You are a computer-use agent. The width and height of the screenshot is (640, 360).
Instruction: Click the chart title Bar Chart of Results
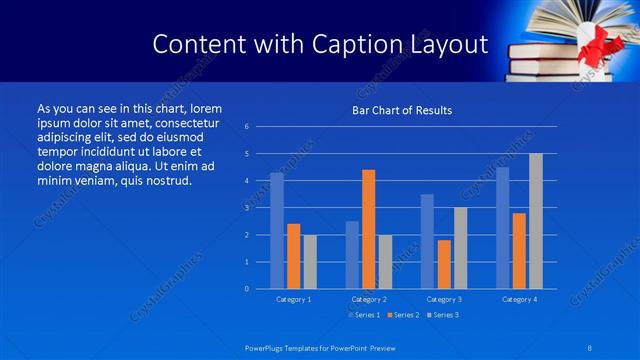click(402, 110)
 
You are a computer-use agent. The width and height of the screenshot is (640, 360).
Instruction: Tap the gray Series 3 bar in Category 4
click(536, 221)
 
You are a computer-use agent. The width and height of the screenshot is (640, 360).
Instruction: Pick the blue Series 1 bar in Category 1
click(277, 230)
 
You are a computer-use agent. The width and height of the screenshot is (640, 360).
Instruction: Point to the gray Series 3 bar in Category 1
click(310, 261)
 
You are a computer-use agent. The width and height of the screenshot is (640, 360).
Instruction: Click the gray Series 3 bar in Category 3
click(460, 248)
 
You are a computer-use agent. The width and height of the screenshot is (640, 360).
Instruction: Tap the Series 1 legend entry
click(363, 315)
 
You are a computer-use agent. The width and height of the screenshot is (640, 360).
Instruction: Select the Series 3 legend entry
click(442, 315)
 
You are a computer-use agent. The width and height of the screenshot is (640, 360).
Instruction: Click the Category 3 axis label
click(444, 299)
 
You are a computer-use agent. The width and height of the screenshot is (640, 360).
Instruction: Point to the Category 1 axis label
click(293, 299)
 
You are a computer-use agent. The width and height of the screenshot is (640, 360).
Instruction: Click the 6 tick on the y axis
click(247, 127)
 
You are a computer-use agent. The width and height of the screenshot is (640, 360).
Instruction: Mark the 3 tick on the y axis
click(247, 208)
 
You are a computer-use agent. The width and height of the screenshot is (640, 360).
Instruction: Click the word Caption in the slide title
click(360, 44)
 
